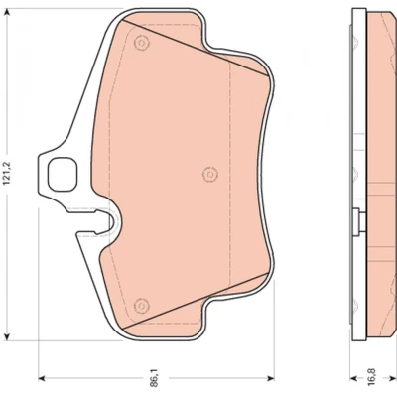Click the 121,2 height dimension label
8,175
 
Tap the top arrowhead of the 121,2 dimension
7,13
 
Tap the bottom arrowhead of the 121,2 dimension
7,336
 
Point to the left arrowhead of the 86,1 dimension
43,378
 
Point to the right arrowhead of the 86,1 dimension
271,378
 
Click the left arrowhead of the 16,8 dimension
354,378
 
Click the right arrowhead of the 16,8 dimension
393,378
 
